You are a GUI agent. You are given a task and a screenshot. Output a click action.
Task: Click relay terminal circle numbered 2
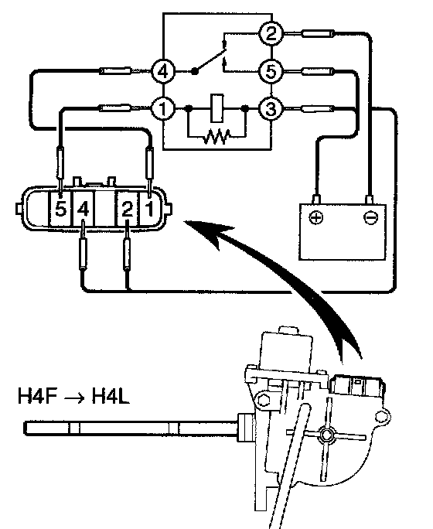pos(271,33)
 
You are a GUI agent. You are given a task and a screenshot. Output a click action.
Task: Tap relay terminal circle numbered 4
pos(163,71)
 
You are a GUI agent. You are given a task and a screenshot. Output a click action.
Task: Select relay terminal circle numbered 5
pos(271,71)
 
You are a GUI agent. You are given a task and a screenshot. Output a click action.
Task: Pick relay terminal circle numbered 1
pos(163,108)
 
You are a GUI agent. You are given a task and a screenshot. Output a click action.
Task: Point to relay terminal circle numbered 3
pos(271,108)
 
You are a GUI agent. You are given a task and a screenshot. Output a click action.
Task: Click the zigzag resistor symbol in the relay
pos(216,135)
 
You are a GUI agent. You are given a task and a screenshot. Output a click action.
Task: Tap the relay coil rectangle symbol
pos(216,108)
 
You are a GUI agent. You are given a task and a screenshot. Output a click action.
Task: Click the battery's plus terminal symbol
pos(316,217)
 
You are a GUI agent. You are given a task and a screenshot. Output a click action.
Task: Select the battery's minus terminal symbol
pos(370,217)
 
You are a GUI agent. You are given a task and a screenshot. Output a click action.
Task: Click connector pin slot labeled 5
pos(61,208)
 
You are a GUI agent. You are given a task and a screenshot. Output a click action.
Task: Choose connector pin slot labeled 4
pos(83,208)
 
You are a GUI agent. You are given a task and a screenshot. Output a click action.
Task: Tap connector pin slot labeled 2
pos(127,208)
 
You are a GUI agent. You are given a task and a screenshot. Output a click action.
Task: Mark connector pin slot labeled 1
pos(149,208)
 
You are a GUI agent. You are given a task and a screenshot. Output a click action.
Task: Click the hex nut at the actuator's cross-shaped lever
pos(326,435)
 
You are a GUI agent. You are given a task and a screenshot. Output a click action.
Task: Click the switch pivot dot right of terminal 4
pos(195,71)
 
